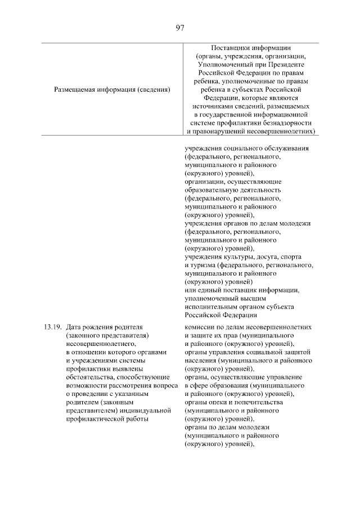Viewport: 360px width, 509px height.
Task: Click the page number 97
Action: pyautogui.click(x=180, y=28)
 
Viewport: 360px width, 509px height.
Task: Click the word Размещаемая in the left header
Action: pyautogui.click(x=75, y=89)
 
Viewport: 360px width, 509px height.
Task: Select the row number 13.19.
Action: pyautogui.click(x=51, y=326)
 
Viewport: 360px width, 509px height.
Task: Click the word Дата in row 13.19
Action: pyautogui.click(x=74, y=326)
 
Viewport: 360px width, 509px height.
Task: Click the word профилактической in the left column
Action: pyautogui.click(x=94, y=418)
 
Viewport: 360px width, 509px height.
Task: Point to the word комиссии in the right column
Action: pyautogui.click(x=199, y=326)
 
